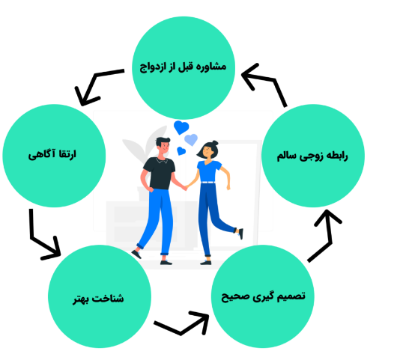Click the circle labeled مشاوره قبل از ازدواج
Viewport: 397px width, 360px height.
click(184, 68)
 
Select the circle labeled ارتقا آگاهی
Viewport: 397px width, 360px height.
click(54, 156)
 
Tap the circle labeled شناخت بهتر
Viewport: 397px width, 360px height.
click(100, 296)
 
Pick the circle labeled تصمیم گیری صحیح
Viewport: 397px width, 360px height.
click(263, 296)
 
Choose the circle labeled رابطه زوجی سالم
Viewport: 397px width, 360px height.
click(313, 156)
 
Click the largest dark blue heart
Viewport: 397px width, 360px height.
click(181, 127)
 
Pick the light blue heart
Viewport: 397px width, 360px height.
click(191, 139)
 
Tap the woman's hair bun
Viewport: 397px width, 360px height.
click(215, 143)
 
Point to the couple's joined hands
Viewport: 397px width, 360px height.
click(185, 188)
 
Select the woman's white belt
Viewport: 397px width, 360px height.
click(208, 183)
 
